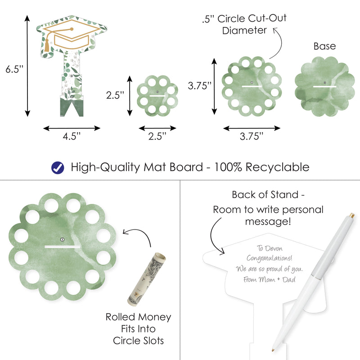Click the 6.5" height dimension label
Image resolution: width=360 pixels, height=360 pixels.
pos(14,70)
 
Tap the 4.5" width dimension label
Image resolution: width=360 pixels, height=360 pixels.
pos(72,137)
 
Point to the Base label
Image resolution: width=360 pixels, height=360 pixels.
pos(324,46)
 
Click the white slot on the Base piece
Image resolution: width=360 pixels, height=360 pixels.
pos(325,85)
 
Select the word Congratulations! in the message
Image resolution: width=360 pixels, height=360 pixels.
pos(269,259)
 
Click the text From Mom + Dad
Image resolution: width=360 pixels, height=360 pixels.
pos(267,279)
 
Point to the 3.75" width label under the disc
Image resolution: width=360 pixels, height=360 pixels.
pos(252,137)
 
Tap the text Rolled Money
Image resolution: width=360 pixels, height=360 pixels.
pos(138,317)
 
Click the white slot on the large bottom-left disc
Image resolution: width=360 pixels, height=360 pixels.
pos(63,247)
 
